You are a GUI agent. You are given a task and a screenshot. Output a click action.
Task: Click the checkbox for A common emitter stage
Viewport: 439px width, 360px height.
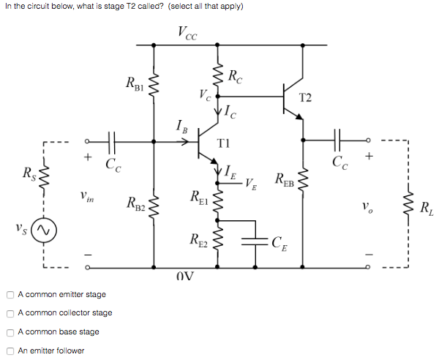pyautogui.click(x=10, y=295)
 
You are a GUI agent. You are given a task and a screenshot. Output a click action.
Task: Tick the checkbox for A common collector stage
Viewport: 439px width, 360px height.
pyautogui.click(x=10, y=313)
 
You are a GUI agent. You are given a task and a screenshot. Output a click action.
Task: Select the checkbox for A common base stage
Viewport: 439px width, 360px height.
pyautogui.click(x=10, y=332)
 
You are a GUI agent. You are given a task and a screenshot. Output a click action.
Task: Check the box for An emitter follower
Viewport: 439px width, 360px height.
pyautogui.click(x=10, y=350)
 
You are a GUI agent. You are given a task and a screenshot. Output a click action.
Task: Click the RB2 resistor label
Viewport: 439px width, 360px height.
pyautogui.click(x=137, y=202)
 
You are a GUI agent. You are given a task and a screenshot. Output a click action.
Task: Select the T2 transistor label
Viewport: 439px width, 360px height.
pyautogui.click(x=306, y=98)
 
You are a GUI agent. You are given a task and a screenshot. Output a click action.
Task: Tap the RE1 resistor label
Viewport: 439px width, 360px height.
pyautogui.click(x=198, y=196)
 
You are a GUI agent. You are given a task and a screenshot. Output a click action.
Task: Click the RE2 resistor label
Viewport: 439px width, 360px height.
pyautogui.click(x=198, y=239)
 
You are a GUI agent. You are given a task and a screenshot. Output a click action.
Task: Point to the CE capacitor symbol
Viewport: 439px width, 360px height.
pyautogui.click(x=258, y=242)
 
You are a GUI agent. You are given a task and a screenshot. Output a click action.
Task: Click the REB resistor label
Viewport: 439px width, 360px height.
pyautogui.click(x=286, y=179)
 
